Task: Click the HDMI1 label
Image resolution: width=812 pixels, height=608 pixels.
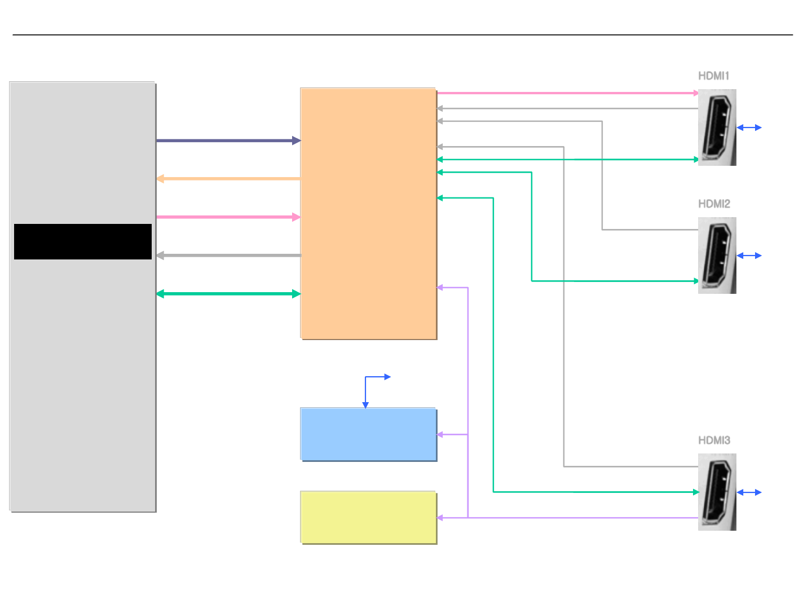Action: point(713,76)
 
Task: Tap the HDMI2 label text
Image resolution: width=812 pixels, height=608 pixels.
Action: point(714,204)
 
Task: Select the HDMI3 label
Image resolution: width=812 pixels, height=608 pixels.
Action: point(714,440)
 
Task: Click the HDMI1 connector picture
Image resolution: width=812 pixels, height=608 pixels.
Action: point(717,127)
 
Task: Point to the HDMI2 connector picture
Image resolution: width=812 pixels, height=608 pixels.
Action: point(717,255)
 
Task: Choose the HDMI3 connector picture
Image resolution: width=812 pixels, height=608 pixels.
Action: point(717,492)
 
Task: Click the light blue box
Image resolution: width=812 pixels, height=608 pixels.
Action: point(368,434)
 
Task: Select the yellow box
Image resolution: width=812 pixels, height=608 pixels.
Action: point(368,517)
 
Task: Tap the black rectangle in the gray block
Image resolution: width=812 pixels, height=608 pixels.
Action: point(83,241)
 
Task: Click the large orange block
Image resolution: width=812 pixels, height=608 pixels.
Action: point(368,213)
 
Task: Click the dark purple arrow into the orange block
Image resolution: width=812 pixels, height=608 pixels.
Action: point(228,140)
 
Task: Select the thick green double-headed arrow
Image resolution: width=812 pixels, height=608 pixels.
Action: point(228,294)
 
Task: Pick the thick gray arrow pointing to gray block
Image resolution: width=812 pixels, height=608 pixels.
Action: point(228,255)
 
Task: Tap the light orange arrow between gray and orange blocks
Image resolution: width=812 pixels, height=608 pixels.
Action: point(228,179)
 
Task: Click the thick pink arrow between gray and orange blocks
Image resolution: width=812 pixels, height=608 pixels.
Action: point(228,217)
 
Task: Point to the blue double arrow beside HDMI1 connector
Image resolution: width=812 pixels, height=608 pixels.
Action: point(749,128)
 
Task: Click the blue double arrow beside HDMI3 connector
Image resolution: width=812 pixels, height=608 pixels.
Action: point(749,492)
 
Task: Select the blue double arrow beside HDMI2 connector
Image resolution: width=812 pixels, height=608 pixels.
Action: point(749,256)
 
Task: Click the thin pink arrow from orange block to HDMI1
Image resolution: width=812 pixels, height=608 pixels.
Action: point(567,93)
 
